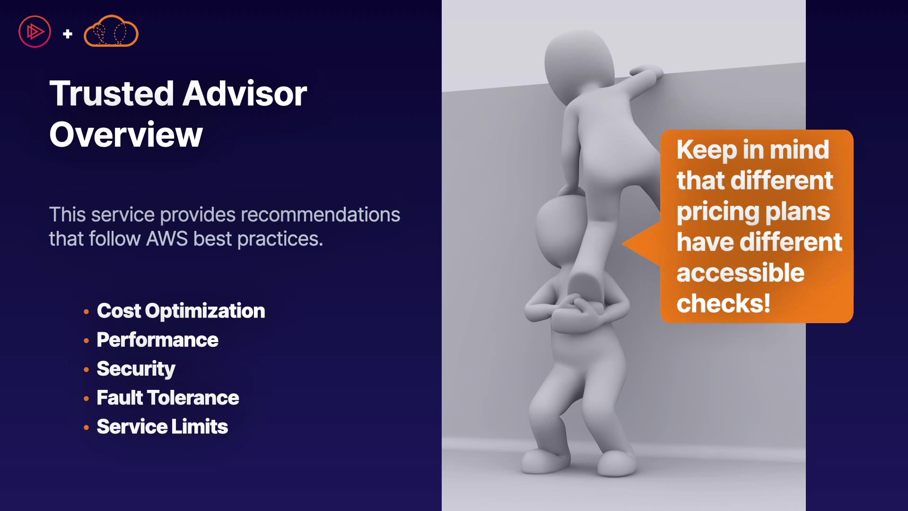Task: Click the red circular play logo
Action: coord(35,32)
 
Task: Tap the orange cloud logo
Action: coord(111,31)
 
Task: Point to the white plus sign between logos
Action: coord(68,34)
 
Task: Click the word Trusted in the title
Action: coord(112,94)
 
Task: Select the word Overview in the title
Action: coord(126,135)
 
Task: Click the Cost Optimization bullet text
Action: coord(181,311)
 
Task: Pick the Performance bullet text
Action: coord(157,340)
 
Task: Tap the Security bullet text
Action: coord(136,369)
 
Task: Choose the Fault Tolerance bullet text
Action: coord(168,398)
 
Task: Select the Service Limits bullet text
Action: coord(162,427)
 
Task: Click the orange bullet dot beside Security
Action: coord(86,370)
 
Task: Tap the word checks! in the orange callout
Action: coord(724,303)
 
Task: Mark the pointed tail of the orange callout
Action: coord(623,244)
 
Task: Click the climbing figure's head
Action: coord(579,66)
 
